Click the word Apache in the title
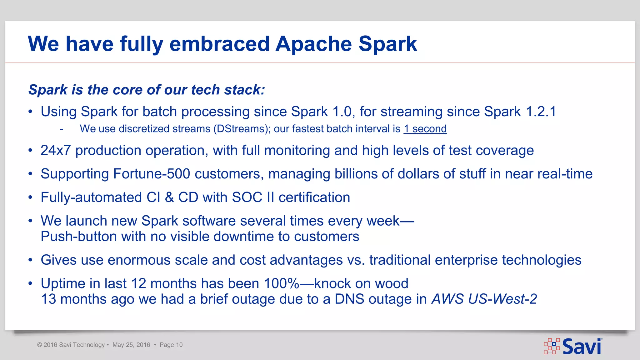(313, 44)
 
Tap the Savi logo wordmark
(582, 347)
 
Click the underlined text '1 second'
(425, 129)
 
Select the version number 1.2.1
(541, 112)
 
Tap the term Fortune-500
(152, 174)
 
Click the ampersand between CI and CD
(169, 197)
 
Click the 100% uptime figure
(281, 284)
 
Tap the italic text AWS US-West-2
(484, 299)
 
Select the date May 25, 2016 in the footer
(131, 345)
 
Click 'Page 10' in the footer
(171, 345)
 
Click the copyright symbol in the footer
(39, 345)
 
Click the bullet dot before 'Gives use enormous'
(30, 260)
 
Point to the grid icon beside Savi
(552, 346)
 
